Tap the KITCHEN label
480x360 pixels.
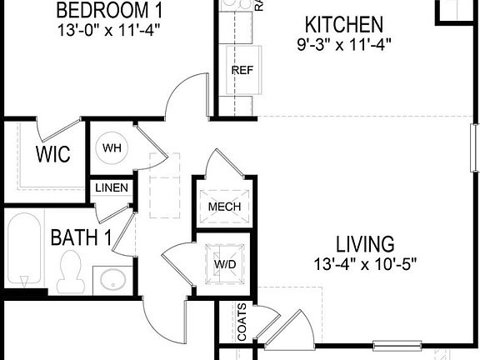pos(343,24)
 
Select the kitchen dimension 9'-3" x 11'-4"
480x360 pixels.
pos(343,42)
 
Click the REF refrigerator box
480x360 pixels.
pos(242,70)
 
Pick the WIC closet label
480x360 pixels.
pos(52,155)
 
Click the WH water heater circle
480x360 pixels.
pos(112,148)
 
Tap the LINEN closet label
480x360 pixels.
pos(111,188)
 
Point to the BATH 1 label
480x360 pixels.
pos(81,237)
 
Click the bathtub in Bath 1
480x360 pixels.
pos(25,248)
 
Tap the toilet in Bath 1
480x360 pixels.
pos(71,271)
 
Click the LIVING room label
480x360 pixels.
pos(364,244)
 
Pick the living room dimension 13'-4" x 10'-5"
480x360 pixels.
pos(364,263)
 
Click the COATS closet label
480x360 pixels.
pos(242,321)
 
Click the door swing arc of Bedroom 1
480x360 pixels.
pos(184,93)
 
